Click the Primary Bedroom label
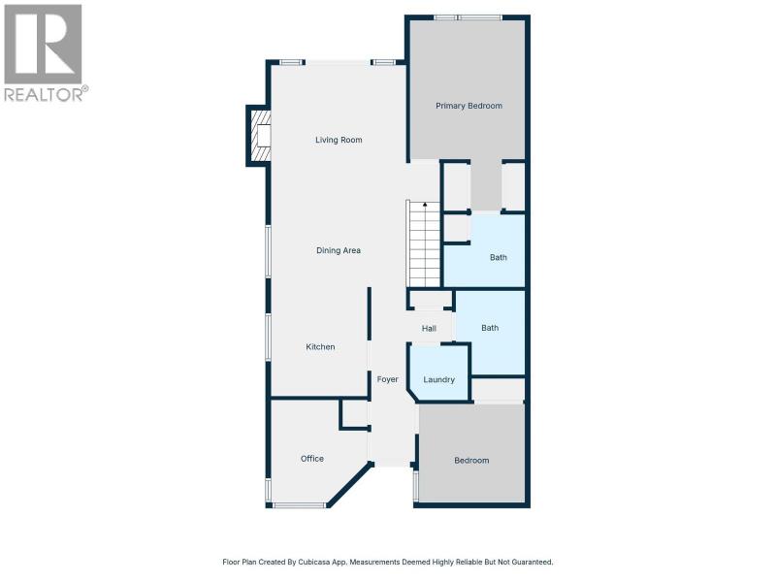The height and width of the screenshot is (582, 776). coord(469,106)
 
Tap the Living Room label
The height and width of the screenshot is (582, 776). coord(339,140)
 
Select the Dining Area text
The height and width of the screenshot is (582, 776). coord(339,250)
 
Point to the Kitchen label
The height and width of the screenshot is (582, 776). coord(320,347)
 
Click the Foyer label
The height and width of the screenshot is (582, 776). coord(387,379)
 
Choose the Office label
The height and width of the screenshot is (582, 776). coord(312,459)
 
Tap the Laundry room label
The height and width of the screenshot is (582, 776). coord(439,380)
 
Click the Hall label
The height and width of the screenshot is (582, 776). coord(429,329)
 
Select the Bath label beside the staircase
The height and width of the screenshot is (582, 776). coord(499,257)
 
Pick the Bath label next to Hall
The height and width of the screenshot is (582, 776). coord(490,328)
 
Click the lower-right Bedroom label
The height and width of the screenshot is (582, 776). coord(471,461)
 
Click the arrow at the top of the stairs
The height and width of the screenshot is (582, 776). coord(425,205)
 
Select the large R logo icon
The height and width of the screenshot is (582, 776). coord(43,44)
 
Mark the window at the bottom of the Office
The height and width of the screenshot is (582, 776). coord(299,505)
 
